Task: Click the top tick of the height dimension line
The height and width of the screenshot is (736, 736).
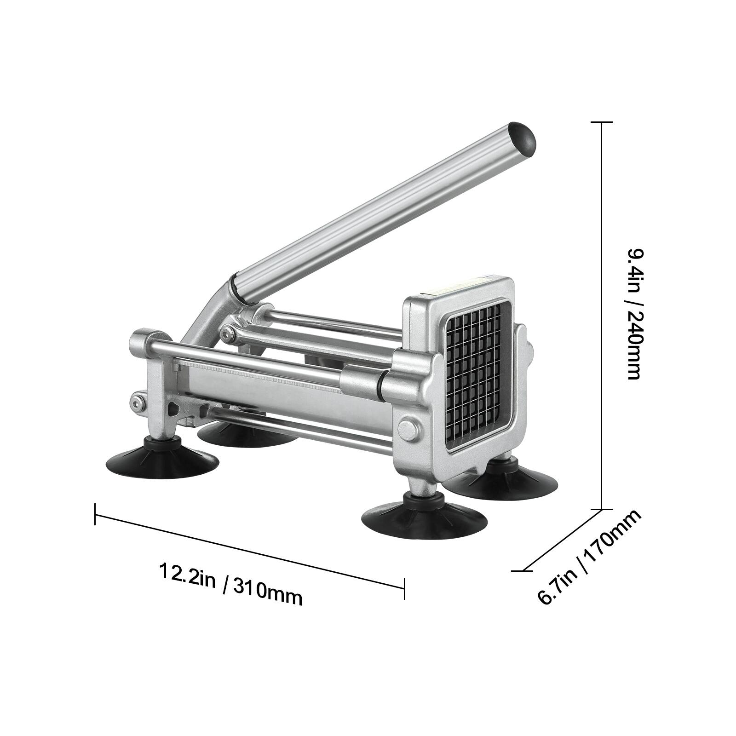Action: pos(601,122)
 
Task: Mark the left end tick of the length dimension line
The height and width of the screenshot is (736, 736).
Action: pos(95,514)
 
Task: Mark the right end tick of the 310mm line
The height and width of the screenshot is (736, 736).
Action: pos(404,588)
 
